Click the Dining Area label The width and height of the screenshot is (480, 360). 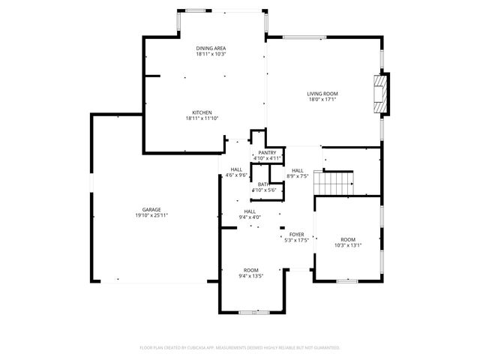pyautogui.click(x=211, y=48)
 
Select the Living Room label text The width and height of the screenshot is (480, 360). pyautogui.click(x=322, y=94)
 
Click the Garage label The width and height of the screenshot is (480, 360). pyautogui.click(x=151, y=209)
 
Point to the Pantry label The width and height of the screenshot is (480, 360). pyautogui.click(x=267, y=152)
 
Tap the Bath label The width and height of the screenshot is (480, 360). pyautogui.click(x=263, y=184)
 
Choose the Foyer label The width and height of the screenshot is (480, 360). pyautogui.click(x=296, y=234)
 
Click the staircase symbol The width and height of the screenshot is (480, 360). pyautogui.click(x=334, y=181)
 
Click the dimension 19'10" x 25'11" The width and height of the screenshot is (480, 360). pyautogui.click(x=151, y=215)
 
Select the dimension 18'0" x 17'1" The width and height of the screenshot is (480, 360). pyautogui.click(x=322, y=100)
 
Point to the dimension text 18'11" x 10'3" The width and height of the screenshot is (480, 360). pyautogui.click(x=211, y=54)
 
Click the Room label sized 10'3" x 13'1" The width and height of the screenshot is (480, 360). pyautogui.click(x=348, y=239)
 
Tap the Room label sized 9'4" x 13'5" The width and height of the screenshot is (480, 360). pyautogui.click(x=250, y=269)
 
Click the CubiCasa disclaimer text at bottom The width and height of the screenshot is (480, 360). pyautogui.click(x=240, y=348)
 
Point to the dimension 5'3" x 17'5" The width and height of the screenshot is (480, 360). pyautogui.click(x=296, y=240)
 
